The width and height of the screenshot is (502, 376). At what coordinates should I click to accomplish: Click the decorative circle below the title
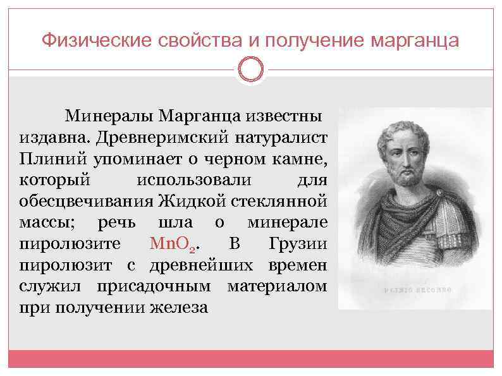click(x=251, y=70)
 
